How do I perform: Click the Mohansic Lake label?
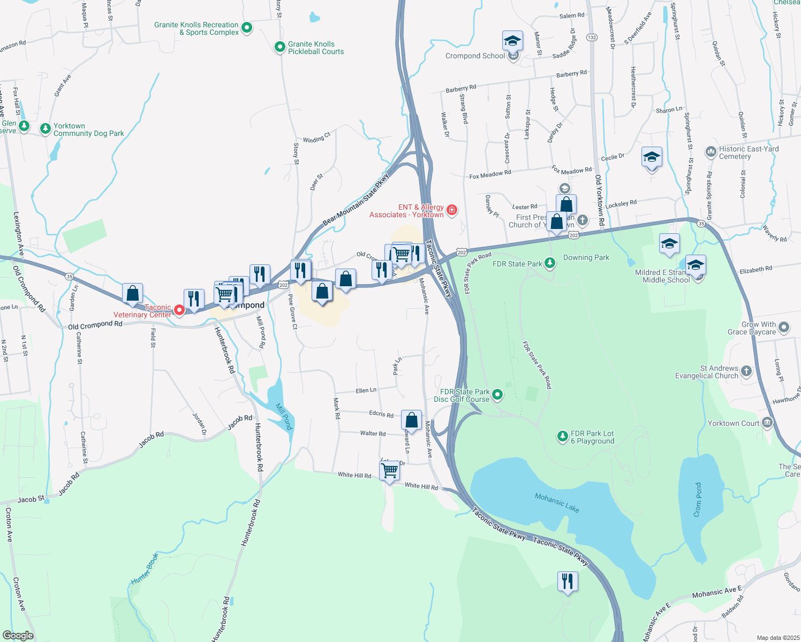click(x=557, y=503)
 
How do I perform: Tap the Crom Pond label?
click(x=698, y=500)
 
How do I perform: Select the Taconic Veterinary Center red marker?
click(x=180, y=310)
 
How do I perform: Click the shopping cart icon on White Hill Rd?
click(x=390, y=471)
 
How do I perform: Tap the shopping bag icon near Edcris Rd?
click(x=411, y=420)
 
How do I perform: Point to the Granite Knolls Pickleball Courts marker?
click(x=279, y=48)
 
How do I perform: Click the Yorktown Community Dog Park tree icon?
click(x=45, y=128)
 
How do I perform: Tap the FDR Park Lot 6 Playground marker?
click(x=562, y=437)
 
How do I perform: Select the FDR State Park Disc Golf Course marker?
click(x=497, y=395)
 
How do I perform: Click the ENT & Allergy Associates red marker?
click(x=452, y=210)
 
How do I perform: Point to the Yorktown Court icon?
click(x=767, y=423)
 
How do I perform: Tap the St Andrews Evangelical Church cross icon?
click(x=746, y=371)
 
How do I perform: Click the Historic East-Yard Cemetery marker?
click(x=711, y=152)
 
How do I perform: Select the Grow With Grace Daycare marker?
click(x=784, y=327)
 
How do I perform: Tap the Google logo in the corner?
click(x=18, y=635)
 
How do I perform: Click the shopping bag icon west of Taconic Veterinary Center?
click(x=132, y=294)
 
